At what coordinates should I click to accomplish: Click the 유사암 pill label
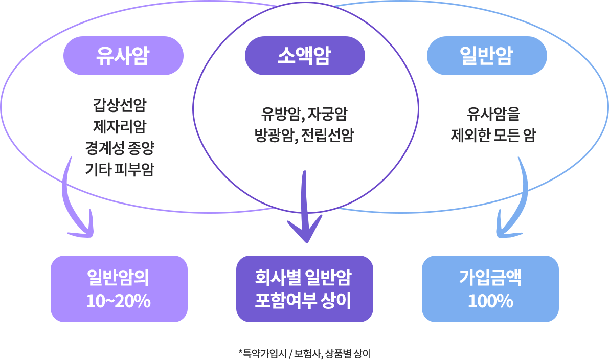[123, 55]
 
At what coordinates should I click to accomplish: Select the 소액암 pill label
[305, 55]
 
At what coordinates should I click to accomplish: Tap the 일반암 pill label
[486, 55]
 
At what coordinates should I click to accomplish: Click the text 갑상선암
[120, 106]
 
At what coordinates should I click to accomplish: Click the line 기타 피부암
[120, 169]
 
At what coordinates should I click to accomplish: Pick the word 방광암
[276, 136]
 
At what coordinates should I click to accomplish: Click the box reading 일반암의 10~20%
[119, 289]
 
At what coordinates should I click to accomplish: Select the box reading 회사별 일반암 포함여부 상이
[305, 289]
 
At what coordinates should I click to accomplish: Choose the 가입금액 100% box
[490, 289]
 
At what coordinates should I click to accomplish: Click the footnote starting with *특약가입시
[305, 353]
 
